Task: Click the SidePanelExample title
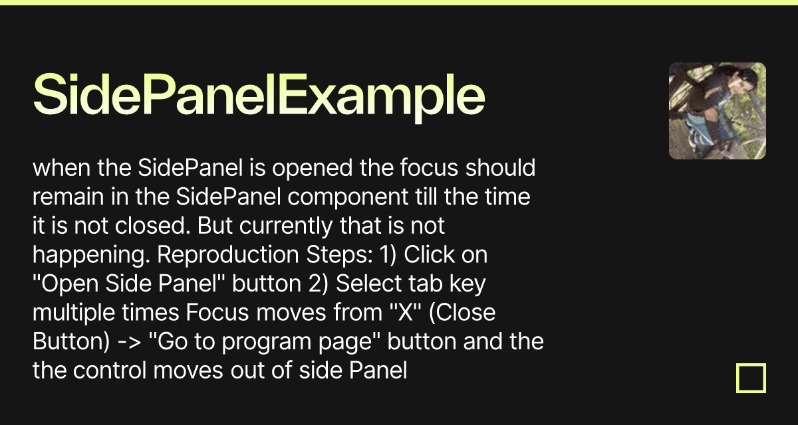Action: (259, 98)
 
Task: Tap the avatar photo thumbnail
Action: (717, 111)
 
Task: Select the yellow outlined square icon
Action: (751, 378)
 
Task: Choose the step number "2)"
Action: (317, 284)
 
